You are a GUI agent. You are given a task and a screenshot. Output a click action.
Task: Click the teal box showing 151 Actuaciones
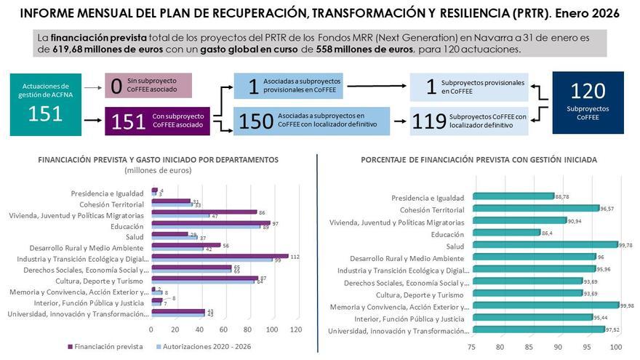[x=45, y=103]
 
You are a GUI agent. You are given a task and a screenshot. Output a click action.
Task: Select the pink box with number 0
[x=148, y=85]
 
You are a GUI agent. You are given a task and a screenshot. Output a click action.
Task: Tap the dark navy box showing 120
[x=588, y=102]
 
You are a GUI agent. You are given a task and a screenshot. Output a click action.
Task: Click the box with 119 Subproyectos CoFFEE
[x=469, y=120]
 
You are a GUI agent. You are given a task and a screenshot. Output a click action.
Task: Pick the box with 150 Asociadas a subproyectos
[x=311, y=120]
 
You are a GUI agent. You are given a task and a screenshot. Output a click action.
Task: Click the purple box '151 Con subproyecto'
[x=158, y=121]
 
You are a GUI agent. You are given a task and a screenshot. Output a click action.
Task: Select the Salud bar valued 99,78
[x=545, y=245]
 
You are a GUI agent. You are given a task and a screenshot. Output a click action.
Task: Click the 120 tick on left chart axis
[x=295, y=329]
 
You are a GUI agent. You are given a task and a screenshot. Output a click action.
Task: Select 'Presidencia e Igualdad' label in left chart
[x=107, y=193]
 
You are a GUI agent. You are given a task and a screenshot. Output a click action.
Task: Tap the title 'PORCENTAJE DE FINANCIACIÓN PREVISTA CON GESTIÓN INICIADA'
[x=478, y=159]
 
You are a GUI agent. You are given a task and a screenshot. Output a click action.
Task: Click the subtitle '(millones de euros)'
[x=157, y=170]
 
